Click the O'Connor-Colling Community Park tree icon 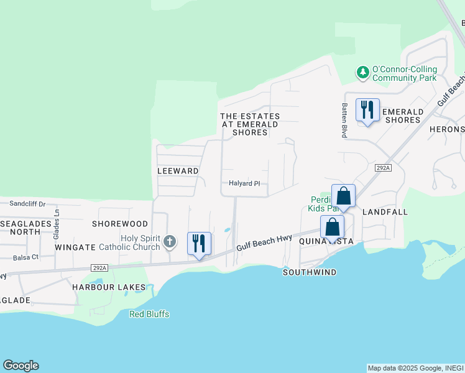[363, 73]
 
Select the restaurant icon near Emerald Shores [367, 110]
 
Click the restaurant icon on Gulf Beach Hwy [199, 243]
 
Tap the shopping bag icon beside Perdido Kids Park [343, 196]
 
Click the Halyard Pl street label [244, 183]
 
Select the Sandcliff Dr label [28, 203]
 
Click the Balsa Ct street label [25, 257]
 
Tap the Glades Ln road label [56, 221]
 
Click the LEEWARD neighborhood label [178, 171]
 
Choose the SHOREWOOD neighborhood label [120, 224]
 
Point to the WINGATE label [73, 247]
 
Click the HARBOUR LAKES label [108, 287]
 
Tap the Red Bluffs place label [149, 314]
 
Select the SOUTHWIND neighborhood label [310, 272]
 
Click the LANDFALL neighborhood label [384, 212]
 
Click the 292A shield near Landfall [383, 168]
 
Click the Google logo [21, 366]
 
